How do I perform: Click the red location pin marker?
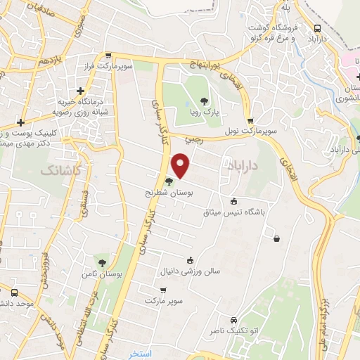point(181,165)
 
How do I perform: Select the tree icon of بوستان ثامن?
point(103,262)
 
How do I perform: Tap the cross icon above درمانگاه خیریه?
point(82,90)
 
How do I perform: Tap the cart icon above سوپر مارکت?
point(163,290)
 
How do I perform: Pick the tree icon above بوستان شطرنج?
point(168,181)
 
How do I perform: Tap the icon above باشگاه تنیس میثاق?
point(233,200)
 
